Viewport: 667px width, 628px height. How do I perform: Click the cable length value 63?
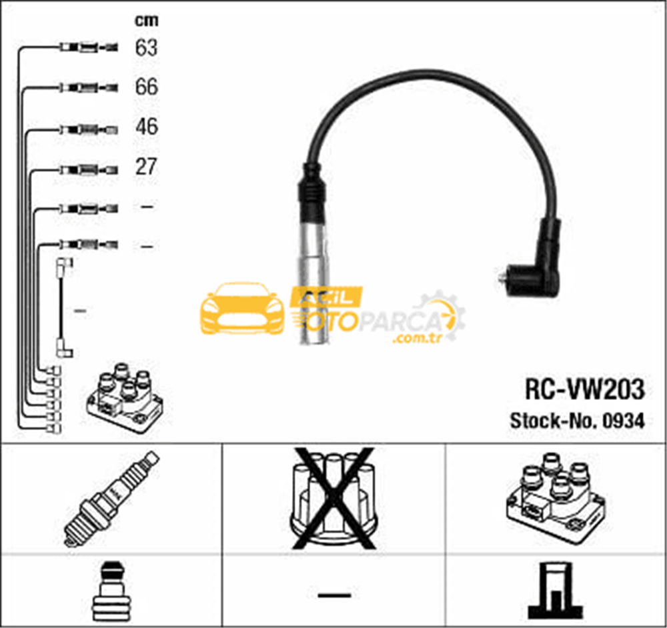point(146,47)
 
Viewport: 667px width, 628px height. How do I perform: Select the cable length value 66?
point(146,87)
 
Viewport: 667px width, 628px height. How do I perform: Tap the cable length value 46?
point(147,127)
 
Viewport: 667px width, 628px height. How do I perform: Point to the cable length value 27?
point(146,167)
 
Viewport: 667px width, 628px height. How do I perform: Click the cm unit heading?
point(147,21)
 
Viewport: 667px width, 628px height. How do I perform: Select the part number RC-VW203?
point(585,389)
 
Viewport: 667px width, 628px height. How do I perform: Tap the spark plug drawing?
point(111,498)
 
